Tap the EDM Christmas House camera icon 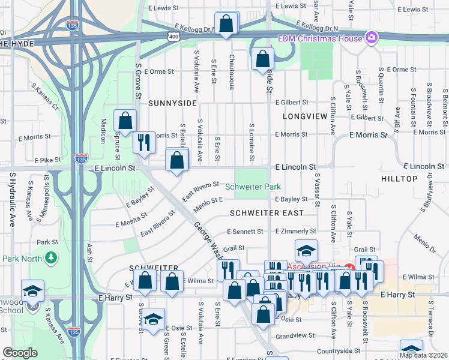pos(372,38)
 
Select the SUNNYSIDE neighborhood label pos(172,103)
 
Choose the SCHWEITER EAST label pos(266,213)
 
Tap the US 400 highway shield pos(173,37)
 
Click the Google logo pos(20,353)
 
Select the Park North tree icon pos(52,257)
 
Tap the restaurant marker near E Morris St pos(143,142)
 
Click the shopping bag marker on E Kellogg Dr pos(227,24)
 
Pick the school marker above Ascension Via pos(306,250)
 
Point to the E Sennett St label pos(245,232)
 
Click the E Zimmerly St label pos(295,231)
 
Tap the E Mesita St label pos(132,223)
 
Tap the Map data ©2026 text pos(423,355)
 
